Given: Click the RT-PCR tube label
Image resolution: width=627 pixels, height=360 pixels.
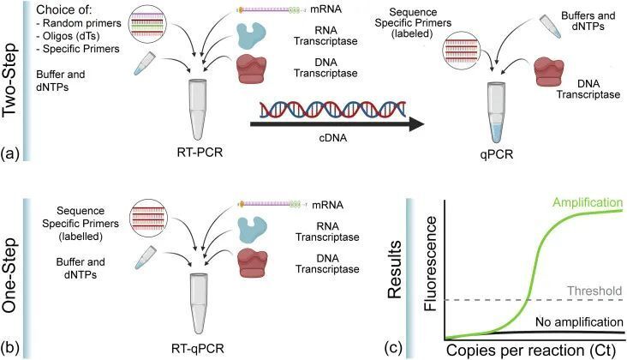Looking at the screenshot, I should (194, 155).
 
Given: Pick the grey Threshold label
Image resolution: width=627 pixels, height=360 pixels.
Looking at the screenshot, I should (594, 291).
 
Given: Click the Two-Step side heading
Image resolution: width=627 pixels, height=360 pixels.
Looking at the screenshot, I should (12, 81).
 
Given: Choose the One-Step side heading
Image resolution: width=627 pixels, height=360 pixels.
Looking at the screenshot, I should (12, 273).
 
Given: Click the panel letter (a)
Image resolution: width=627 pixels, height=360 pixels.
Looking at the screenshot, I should (11, 154).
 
